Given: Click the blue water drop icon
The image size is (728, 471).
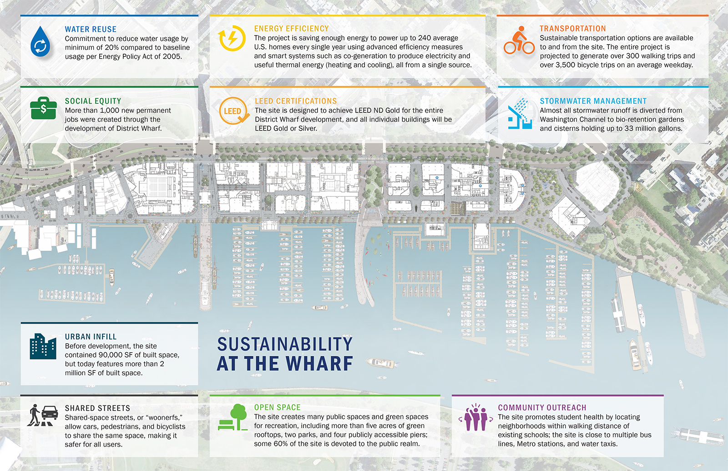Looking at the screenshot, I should click(40, 42).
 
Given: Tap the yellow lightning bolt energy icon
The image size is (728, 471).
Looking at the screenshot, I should click(232, 38).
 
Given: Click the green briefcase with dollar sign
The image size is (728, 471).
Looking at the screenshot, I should click(43, 108).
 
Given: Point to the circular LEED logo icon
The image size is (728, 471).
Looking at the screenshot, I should click(233, 111).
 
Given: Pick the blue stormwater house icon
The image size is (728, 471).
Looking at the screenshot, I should click(519, 114).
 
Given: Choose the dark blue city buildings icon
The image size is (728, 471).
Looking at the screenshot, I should click(43, 346).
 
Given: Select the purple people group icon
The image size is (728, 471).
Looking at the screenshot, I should click(475, 417).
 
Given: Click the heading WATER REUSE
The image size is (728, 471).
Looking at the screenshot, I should click(91, 29).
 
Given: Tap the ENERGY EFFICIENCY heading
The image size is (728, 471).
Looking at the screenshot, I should click(291, 29).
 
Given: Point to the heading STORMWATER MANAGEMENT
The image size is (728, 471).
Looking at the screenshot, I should click(593, 101).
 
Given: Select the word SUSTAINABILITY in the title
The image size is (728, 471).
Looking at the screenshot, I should click(285, 344).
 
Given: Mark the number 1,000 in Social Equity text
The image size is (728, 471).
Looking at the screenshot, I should click(110, 111).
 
